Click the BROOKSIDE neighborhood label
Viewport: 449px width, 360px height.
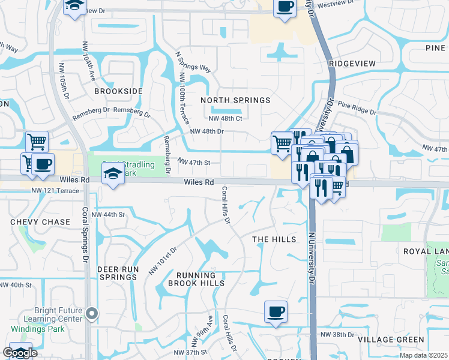(118, 91)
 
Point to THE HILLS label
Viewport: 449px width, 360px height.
(274, 239)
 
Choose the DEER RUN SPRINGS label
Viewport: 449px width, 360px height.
(118, 274)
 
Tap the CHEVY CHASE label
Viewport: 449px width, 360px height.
(40, 222)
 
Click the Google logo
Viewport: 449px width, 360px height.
(20, 353)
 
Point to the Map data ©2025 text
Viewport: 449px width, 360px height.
(424, 355)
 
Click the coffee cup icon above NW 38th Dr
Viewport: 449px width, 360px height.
(276, 312)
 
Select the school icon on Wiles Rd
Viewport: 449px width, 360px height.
(112, 174)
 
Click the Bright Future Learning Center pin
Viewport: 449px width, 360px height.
(91, 313)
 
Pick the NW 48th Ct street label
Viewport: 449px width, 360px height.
(225, 118)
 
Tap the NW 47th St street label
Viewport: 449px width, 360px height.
(194, 161)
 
